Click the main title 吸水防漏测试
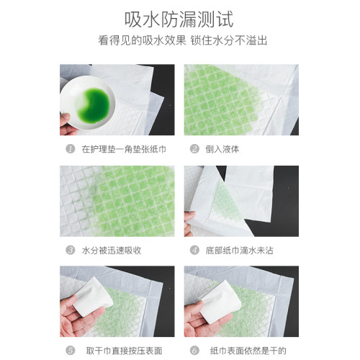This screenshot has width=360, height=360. pos(180,18)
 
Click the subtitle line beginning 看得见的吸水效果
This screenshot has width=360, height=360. pos(180,41)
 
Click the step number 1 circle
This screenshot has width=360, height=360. pos(70,150)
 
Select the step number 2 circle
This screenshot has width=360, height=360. pos(194,150)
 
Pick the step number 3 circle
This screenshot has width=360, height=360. pos(70,251)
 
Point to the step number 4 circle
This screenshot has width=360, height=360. pos(194,251)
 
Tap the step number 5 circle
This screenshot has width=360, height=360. pos(70,351)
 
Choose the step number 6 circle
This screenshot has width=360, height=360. pos(194,351)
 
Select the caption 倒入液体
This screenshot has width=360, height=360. pos(222,150)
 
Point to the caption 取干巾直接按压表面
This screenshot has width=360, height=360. pos(120,351)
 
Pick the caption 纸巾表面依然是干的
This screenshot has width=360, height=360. pos(244,351)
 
